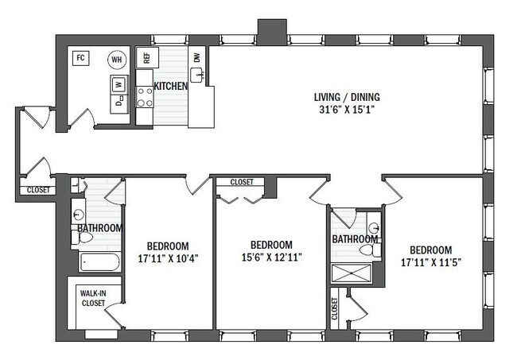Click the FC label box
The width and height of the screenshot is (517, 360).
(x=80, y=57)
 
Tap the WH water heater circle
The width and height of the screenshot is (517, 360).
(x=117, y=60)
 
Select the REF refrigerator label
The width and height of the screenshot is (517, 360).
(x=146, y=58)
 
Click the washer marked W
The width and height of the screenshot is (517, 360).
(x=119, y=83)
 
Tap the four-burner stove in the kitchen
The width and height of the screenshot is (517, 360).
(x=146, y=97)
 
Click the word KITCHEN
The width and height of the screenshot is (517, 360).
(x=170, y=86)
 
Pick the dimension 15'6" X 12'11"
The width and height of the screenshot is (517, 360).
(x=271, y=257)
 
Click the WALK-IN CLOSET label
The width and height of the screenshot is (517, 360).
(x=93, y=297)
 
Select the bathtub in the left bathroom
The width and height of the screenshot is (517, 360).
(x=99, y=261)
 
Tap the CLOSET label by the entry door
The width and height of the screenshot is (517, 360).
(x=37, y=190)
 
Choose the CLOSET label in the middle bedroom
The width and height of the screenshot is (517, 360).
(x=242, y=182)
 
